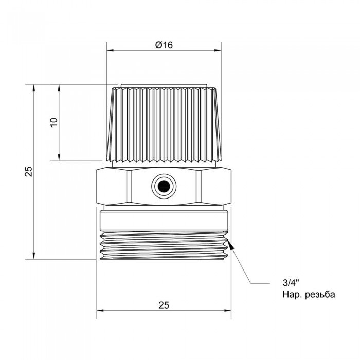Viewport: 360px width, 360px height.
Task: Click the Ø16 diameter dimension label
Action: click(x=164, y=45)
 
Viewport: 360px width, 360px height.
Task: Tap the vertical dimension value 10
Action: click(x=54, y=122)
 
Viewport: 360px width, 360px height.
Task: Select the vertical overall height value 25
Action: click(x=29, y=172)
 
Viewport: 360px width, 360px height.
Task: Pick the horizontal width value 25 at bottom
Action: click(x=164, y=305)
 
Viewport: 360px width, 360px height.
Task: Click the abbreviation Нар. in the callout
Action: click(x=290, y=295)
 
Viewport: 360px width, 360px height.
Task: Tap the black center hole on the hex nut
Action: click(x=164, y=186)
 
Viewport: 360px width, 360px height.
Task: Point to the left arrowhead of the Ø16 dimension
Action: click(x=109, y=50)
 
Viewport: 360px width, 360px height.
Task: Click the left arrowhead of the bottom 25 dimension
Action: click(x=100, y=310)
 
